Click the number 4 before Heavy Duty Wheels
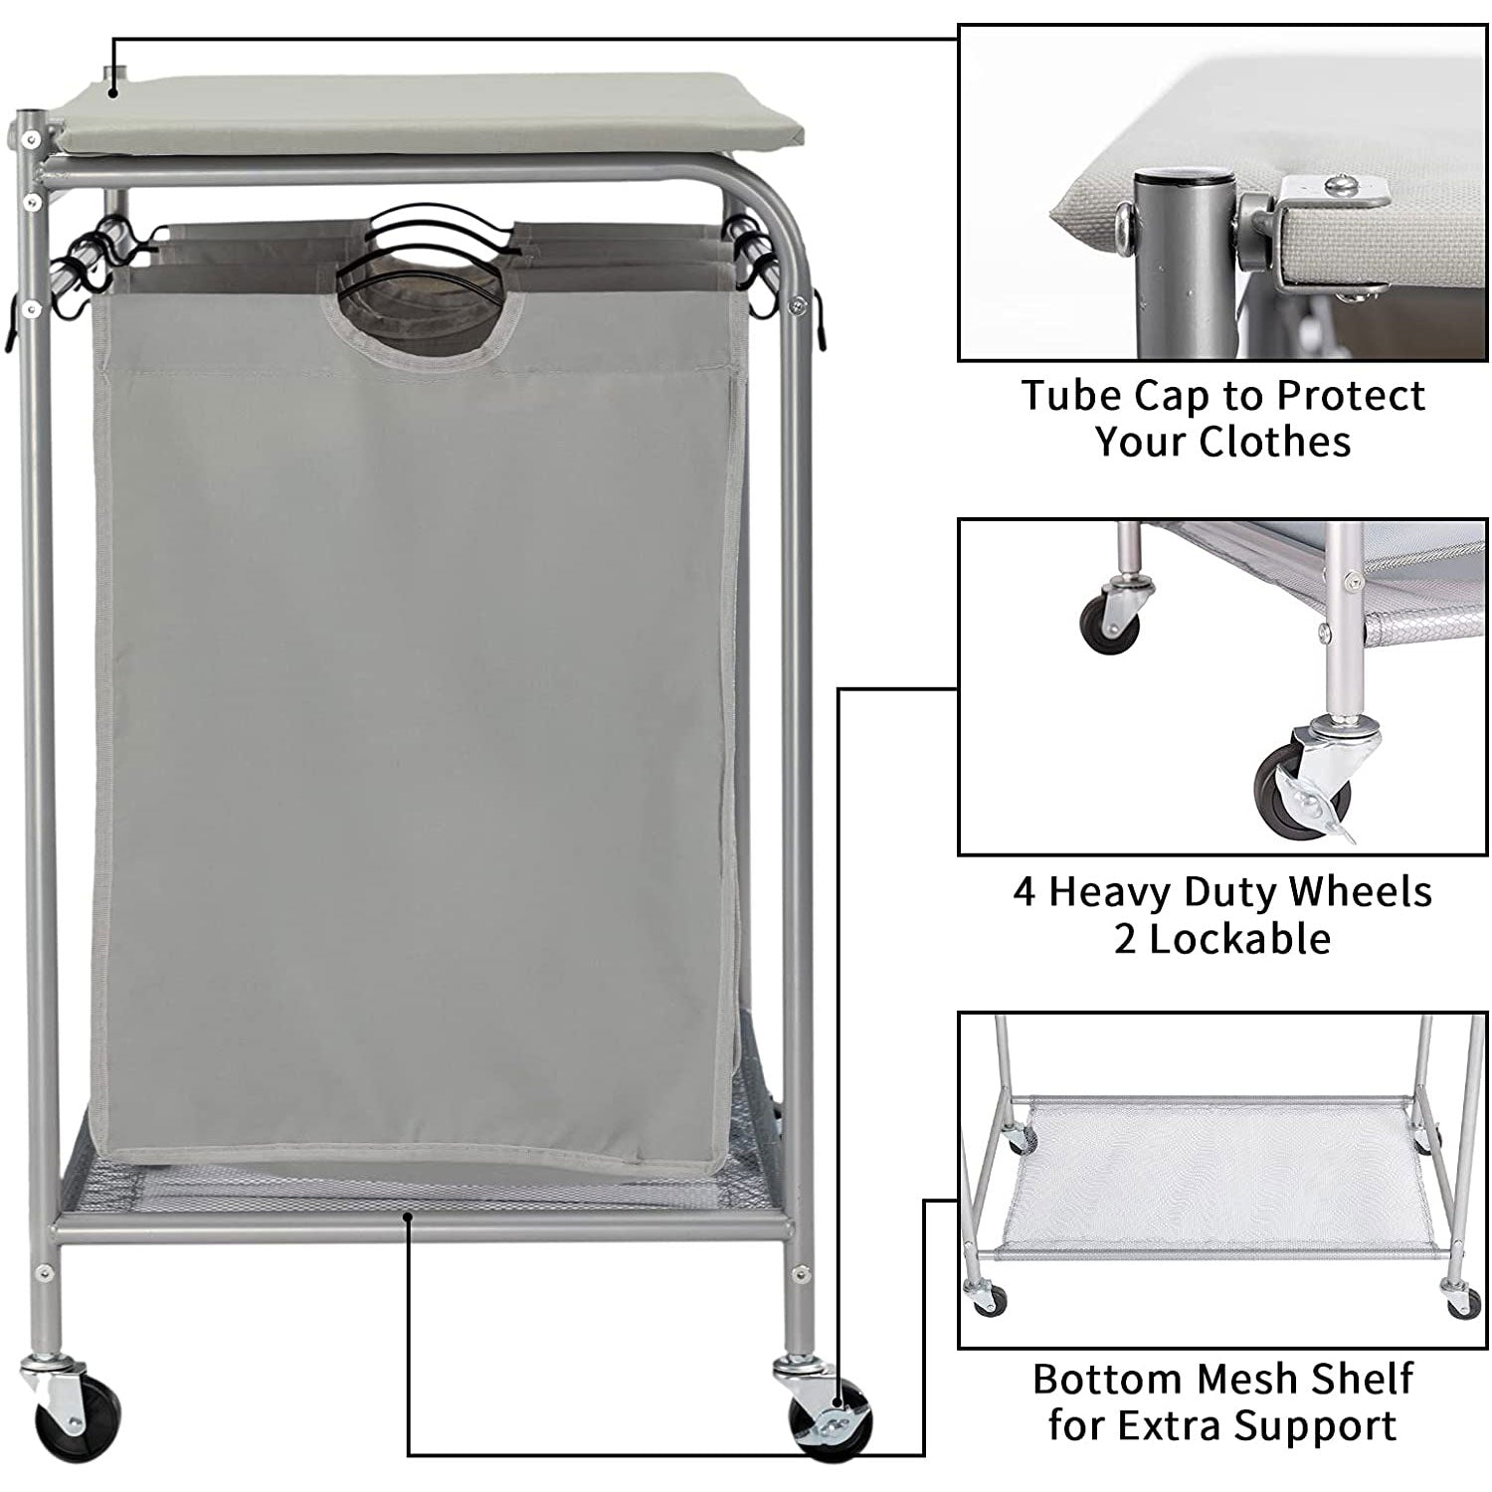click(x=1025, y=891)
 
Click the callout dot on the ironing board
click(x=113, y=93)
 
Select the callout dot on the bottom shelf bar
click(x=408, y=1214)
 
